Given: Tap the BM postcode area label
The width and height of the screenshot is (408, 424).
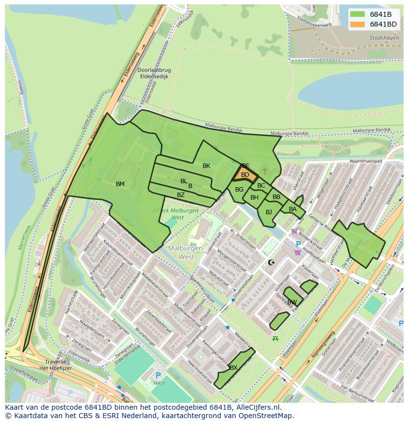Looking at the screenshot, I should pos(120,184).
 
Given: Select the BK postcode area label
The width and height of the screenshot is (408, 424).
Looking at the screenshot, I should pos(206,166).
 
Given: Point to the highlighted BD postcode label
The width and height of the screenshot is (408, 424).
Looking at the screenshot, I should pos(245,175).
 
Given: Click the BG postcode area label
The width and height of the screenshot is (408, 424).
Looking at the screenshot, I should pos(239,190).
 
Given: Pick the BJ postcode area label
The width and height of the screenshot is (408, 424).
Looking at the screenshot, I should pos(269,212).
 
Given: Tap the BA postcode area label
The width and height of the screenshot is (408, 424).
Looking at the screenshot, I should pos(293,209).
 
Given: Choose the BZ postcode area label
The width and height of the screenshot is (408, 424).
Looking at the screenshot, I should pos(181,195).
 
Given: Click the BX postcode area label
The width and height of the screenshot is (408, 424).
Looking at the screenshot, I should pos(234,368).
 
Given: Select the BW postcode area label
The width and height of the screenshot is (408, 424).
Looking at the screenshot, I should pos(292,302).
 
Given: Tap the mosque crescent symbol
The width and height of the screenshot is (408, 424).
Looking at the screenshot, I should pos(271,262).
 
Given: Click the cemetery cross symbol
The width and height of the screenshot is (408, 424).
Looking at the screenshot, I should pos(265,170).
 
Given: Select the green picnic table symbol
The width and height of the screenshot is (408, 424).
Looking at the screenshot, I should pos(275,338).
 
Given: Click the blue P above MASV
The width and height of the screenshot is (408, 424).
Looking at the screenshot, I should pos(158,375).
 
